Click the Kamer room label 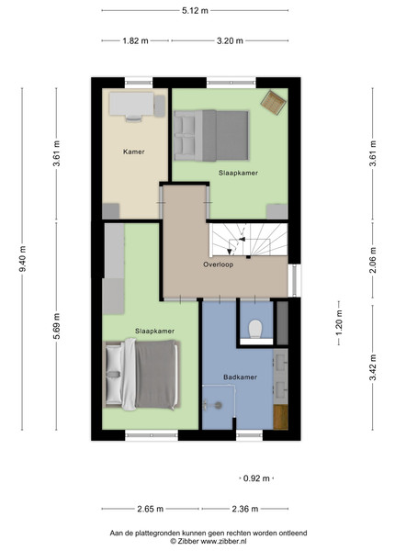pos(133,152)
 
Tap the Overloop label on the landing pos(218,264)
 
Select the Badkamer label pos(241,377)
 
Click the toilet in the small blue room pos(255,329)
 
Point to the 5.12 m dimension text pos(195,10)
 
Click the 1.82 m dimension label pos(135,40)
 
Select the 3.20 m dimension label pos(230,40)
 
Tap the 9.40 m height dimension pos(22,259)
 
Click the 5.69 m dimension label pos(57,326)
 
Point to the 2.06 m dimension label pos(373,260)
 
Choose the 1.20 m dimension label pos(339,322)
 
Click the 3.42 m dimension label pos(373,367)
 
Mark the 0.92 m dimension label pos(256,478)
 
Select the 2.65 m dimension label pos(150,509)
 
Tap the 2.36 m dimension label pos(245,509)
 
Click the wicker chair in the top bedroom pos(273,102)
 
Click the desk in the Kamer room pos(131,104)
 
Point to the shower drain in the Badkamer pos(218,406)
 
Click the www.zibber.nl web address pos(223,541)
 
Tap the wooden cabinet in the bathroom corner pos(280,417)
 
